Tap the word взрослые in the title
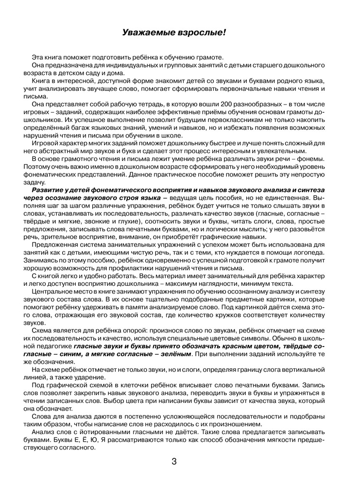[201, 33]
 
